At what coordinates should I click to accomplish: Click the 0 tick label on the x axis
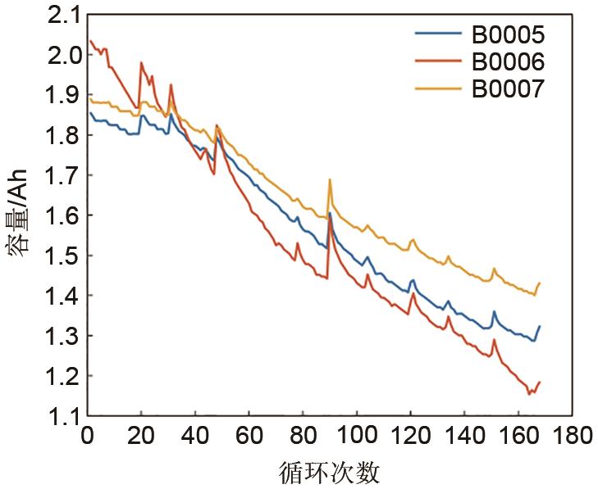point(87,434)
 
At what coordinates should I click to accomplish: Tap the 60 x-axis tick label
point(249,434)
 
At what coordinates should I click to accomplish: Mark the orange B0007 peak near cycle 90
point(330,179)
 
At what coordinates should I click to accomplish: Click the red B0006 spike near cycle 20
point(141,62)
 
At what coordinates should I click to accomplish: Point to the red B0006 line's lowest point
point(529,394)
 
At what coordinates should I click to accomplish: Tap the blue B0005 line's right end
point(540,326)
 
